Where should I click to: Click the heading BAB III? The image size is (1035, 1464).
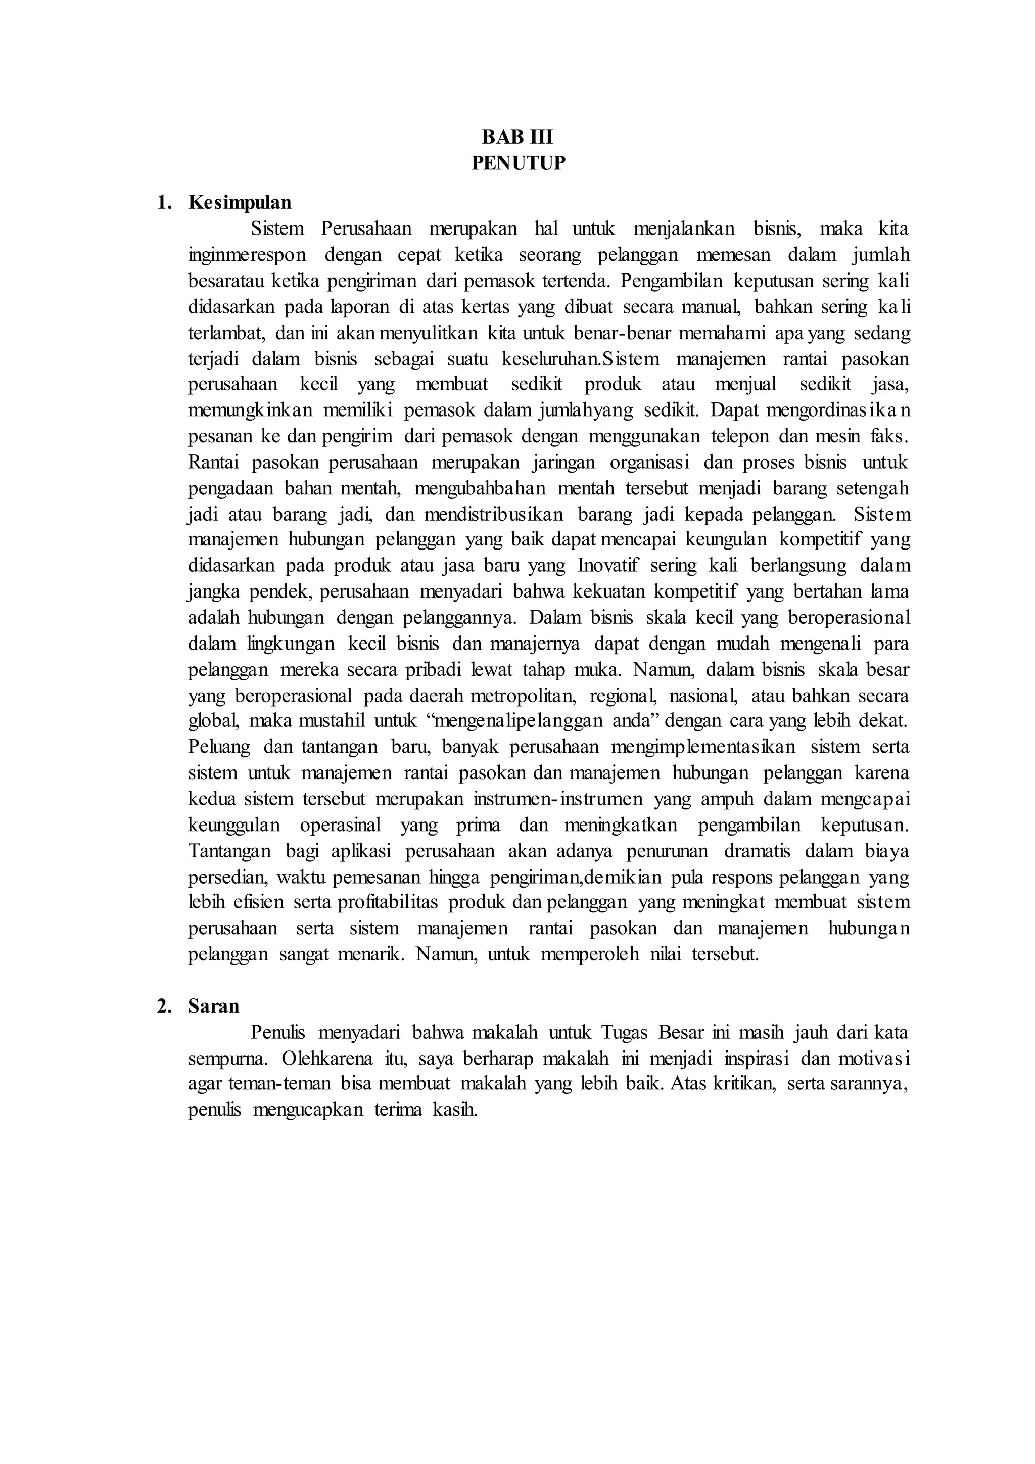click(517, 137)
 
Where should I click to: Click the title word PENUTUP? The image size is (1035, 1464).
click(517, 163)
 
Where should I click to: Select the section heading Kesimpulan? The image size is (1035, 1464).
click(240, 202)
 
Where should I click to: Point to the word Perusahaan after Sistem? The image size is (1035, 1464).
click(366, 229)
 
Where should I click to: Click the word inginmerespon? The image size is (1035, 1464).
click(247, 255)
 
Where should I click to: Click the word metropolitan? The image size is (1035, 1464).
click(525, 696)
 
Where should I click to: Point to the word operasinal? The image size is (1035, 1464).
click(340, 825)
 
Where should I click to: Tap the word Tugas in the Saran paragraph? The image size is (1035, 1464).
click(625, 1032)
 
